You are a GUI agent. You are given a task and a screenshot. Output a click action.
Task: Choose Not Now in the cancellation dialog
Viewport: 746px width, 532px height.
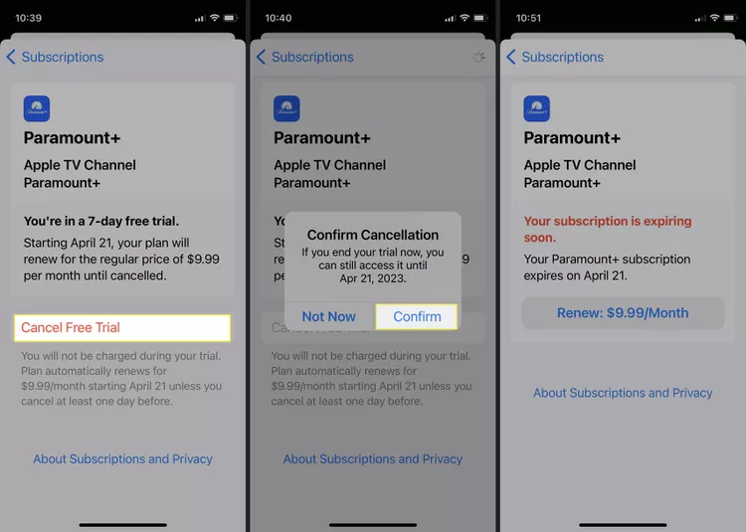[x=328, y=316]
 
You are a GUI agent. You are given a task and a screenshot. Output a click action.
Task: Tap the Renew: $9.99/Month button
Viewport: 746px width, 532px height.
[x=623, y=312]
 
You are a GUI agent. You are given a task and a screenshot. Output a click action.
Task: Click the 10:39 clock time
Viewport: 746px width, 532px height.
[x=29, y=18]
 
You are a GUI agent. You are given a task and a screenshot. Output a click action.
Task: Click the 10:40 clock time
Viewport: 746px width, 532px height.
[x=279, y=18]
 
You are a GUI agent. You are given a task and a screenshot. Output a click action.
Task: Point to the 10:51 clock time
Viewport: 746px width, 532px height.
[x=529, y=18]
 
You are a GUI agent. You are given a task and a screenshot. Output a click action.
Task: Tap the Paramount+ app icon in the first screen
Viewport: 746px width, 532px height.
[x=37, y=108]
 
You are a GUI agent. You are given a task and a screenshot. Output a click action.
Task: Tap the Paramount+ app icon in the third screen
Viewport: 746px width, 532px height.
[x=537, y=108]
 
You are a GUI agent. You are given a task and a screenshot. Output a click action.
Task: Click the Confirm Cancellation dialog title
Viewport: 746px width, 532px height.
[x=373, y=235]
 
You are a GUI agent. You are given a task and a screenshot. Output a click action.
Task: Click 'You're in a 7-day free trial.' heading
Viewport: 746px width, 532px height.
[x=101, y=221]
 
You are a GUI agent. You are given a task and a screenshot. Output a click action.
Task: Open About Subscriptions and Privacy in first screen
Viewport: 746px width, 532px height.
[x=123, y=458]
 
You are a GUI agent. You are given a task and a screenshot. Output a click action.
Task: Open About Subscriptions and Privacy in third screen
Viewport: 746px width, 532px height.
[x=623, y=393]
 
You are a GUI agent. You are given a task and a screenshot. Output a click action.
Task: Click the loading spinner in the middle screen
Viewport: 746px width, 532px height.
[x=478, y=57]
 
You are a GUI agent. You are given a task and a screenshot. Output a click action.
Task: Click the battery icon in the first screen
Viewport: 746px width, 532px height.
[x=232, y=18]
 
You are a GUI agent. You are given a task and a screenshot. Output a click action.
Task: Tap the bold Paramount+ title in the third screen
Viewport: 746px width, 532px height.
[x=572, y=137]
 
